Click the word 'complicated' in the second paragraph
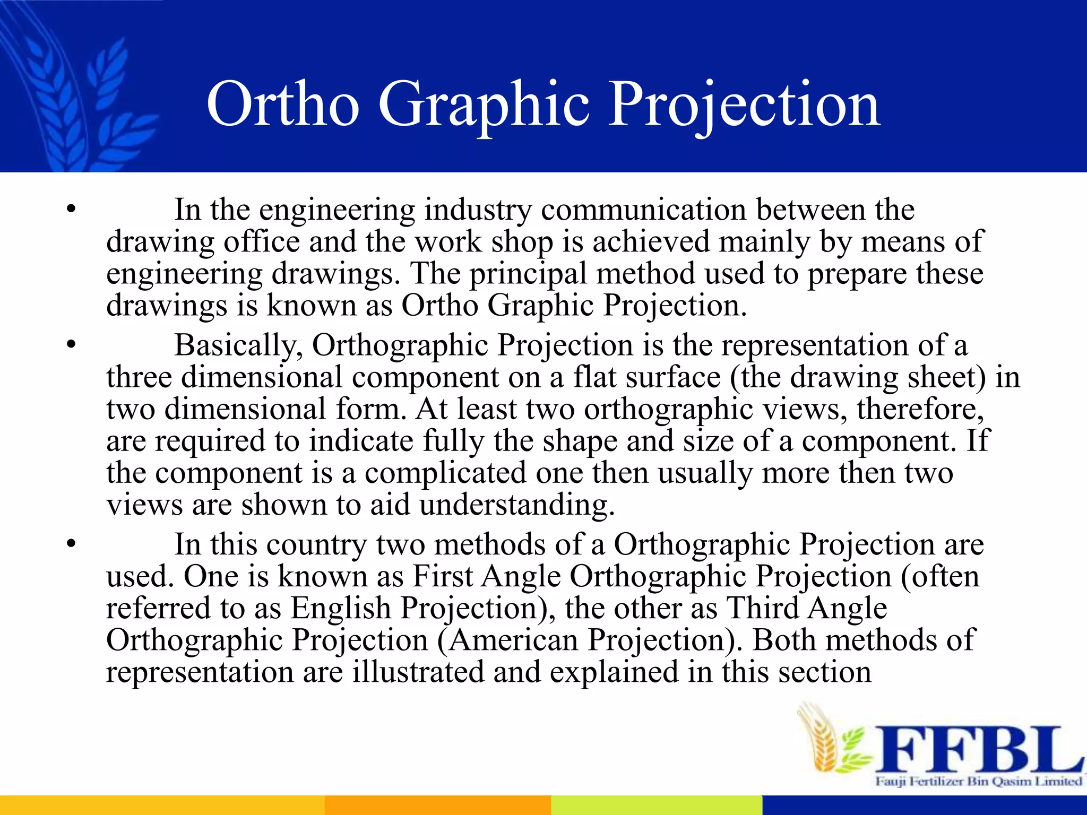445,473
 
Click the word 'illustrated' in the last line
418,672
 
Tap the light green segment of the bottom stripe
657,805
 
